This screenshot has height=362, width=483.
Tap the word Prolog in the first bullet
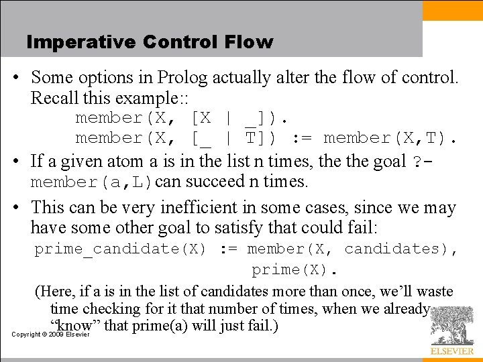[x=180, y=78]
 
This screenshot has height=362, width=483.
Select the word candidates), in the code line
[x=401, y=249]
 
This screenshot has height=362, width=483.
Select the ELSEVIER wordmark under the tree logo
[x=451, y=351]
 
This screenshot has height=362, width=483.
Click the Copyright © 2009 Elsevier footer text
[x=51, y=334]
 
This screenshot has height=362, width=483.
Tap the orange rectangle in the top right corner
[x=452, y=10]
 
